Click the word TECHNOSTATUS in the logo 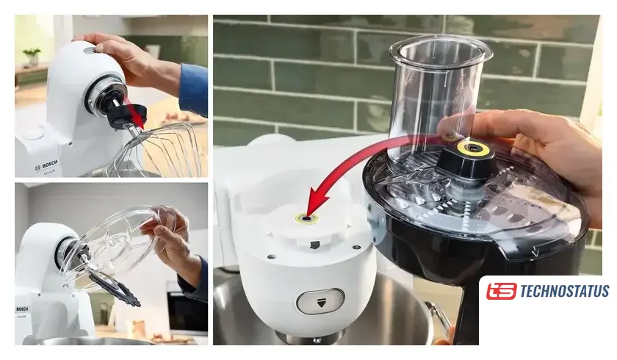pos(564,291)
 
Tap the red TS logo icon pos(501,291)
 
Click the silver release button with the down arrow pos(321,301)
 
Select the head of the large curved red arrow pos(316,202)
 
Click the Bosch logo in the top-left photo pos(46,165)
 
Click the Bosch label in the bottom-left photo pos(22,309)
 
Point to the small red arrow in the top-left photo pos(134,113)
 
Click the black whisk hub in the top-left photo pos(126,117)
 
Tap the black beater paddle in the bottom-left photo pos(114,287)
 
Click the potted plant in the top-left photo pos(32,57)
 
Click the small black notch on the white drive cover pos(314,245)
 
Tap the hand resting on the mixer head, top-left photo pos(130,59)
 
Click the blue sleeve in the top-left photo pos(194,90)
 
